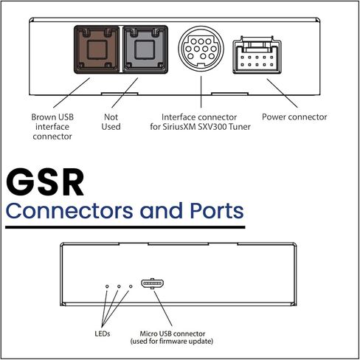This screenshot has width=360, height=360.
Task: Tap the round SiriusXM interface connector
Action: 200,51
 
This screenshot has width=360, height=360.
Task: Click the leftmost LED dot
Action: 107,285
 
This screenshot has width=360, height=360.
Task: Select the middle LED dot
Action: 119,285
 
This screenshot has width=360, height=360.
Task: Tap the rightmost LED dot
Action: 131,285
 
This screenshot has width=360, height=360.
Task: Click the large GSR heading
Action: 46,181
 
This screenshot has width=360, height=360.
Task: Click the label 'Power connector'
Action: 295,117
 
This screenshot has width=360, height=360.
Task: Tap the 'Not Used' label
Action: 111,122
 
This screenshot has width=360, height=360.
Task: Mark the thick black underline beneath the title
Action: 125,228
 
